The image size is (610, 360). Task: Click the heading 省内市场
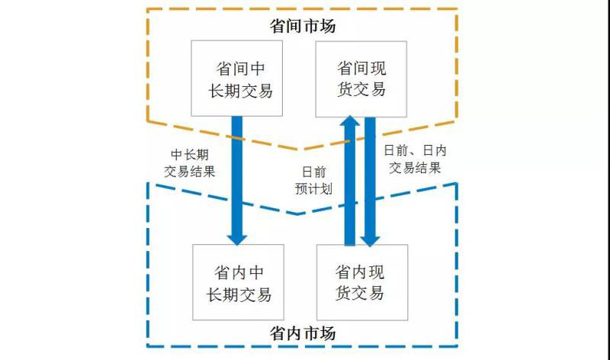303,333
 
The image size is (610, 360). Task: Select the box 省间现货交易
361,79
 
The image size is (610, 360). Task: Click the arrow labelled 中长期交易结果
237,175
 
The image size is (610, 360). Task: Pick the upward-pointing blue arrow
350,183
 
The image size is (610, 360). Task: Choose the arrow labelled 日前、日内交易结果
371,183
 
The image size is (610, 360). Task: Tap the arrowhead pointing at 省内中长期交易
237,237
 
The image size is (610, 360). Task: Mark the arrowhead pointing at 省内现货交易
371,238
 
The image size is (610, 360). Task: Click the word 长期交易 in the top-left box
239,91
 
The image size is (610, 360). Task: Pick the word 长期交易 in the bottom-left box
239,294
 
